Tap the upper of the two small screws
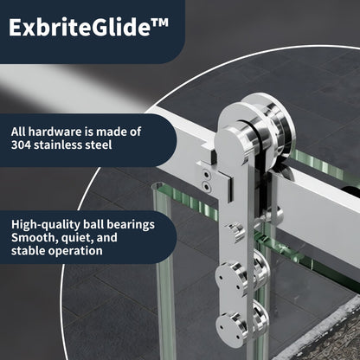pos(205,173)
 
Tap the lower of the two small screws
pos(205,184)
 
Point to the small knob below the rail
pos(235,229)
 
